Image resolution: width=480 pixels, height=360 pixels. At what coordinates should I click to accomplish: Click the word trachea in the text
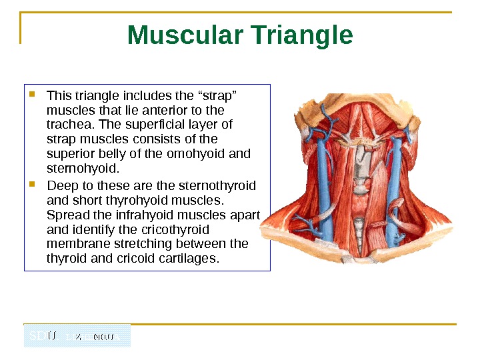point(68,125)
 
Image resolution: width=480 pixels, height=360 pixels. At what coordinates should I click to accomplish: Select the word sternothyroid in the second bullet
point(223,185)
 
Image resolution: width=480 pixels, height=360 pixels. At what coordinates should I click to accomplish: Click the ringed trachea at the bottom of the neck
point(360,230)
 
